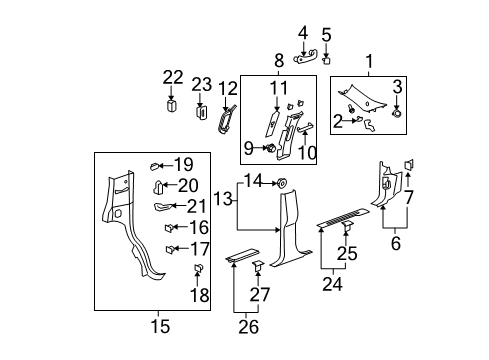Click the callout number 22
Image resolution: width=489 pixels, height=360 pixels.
coord(174,78)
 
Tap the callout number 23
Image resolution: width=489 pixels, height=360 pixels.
coord(202,85)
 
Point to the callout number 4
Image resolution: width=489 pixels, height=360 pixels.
coord(304,33)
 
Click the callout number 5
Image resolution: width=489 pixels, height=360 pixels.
coord(326,33)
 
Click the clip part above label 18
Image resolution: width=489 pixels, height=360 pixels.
coord(196,270)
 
